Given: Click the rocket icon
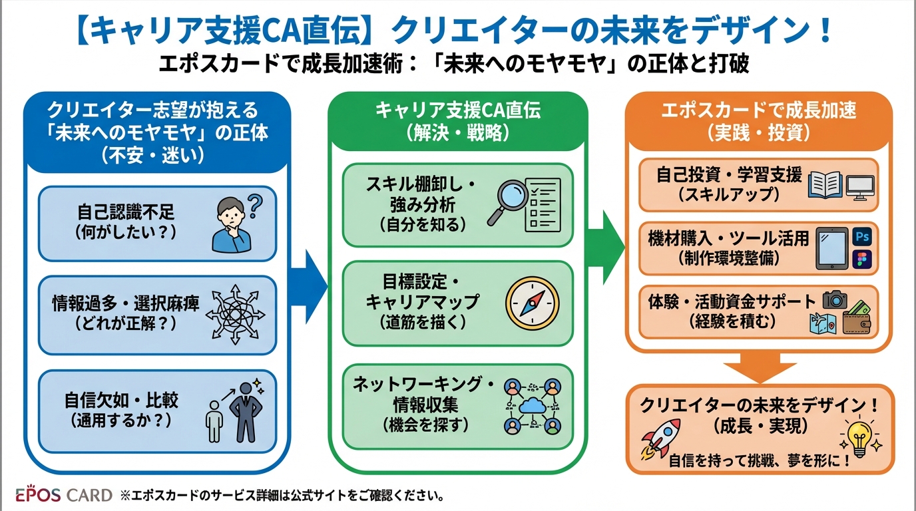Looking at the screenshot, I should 660,438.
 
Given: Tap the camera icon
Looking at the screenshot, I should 834,299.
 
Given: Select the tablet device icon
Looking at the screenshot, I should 832,248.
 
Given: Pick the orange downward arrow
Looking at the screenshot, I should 760,365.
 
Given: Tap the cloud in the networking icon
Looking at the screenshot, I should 531,405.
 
